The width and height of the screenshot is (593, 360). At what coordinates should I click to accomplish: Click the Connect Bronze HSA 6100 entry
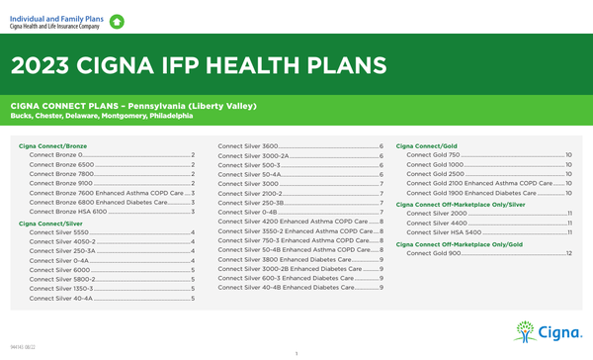(x=68, y=211)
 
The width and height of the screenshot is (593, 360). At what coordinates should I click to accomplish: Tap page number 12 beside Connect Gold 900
(x=569, y=253)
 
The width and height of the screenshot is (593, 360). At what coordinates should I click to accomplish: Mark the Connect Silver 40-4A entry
(x=61, y=297)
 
